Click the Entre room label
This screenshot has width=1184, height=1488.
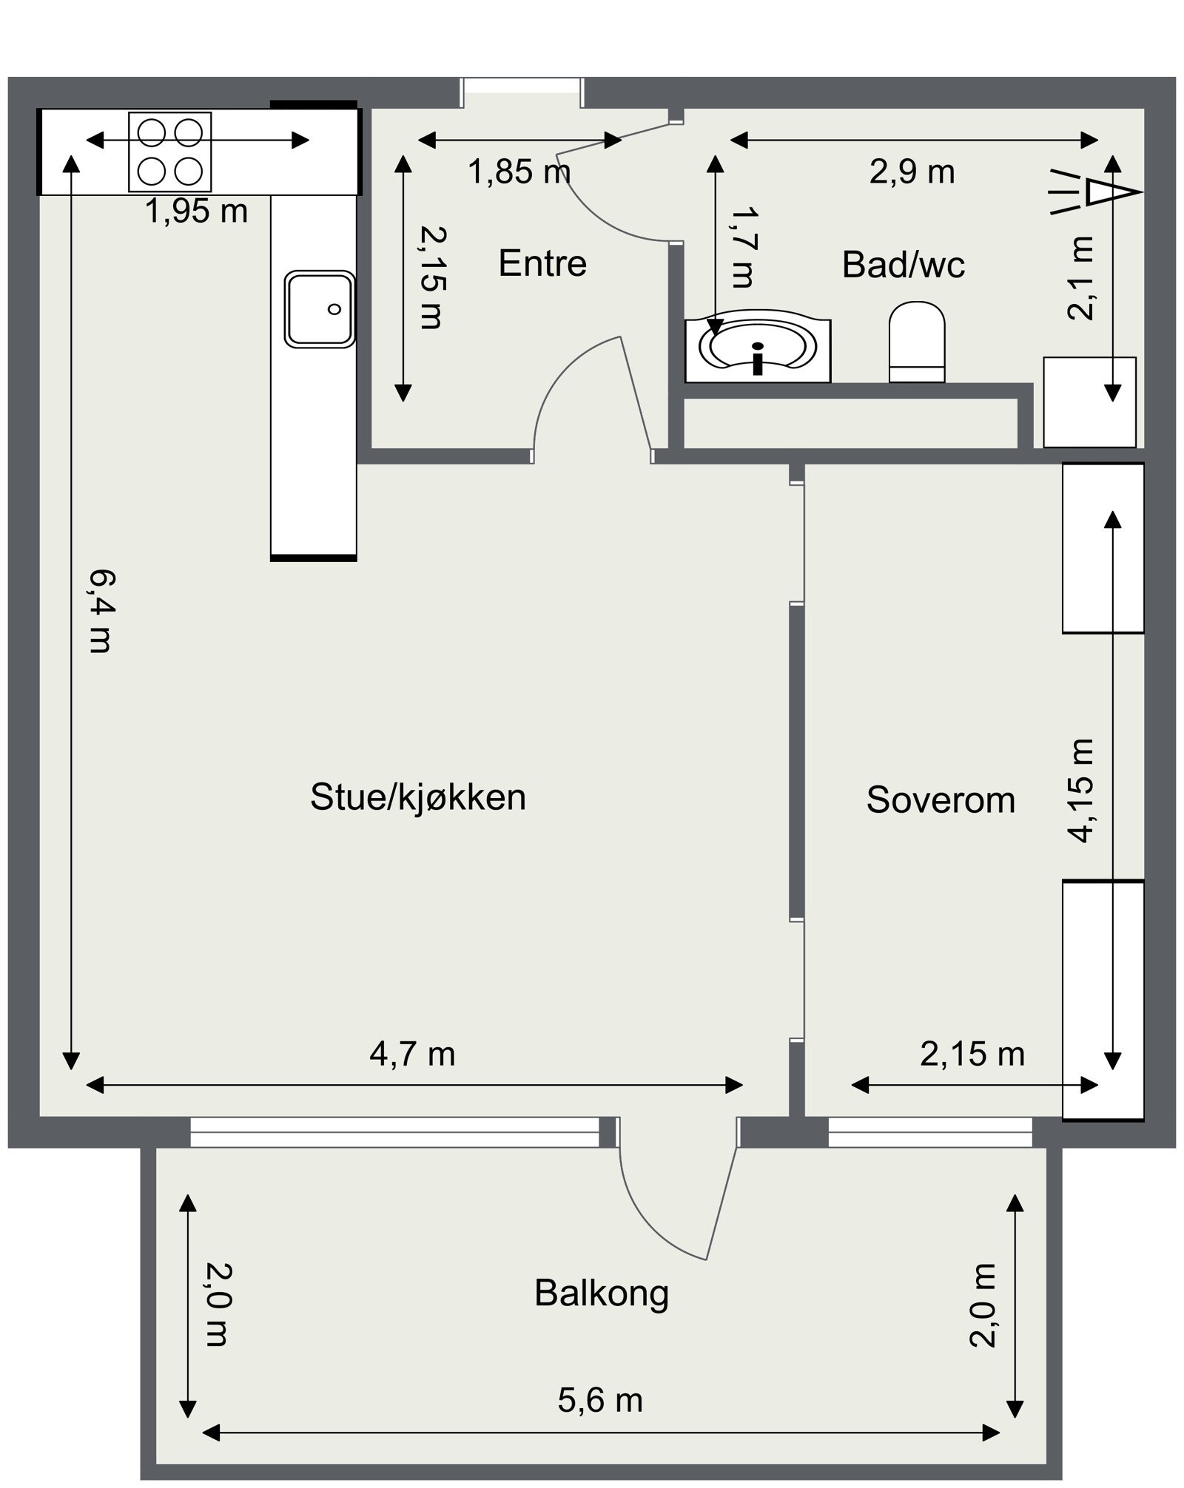coord(542,263)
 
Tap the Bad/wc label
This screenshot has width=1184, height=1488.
coord(903,265)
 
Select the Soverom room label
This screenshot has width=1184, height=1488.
coord(940,800)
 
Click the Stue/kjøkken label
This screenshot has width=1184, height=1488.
coord(417,797)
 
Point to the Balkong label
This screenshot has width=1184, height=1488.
coord(601,1293)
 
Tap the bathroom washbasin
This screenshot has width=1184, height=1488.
coord(758,351)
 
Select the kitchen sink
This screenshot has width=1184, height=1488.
coord(320,308)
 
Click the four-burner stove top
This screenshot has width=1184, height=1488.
coord(170,152)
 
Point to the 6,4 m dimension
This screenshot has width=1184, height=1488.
coord(100,611)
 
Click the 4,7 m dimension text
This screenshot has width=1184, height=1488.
coord(412,1054)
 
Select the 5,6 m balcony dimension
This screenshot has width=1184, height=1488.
coord(599,1400)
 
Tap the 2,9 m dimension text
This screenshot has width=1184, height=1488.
coord(912,172)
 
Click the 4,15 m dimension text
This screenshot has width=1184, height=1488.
coord(1080,790)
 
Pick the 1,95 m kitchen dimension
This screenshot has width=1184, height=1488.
coord(196,212)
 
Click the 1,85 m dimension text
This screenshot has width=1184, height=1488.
coord(519,172)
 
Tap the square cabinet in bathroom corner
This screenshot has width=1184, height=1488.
coord(1089,402)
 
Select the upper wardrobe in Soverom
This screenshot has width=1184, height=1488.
coord(1103,547)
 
